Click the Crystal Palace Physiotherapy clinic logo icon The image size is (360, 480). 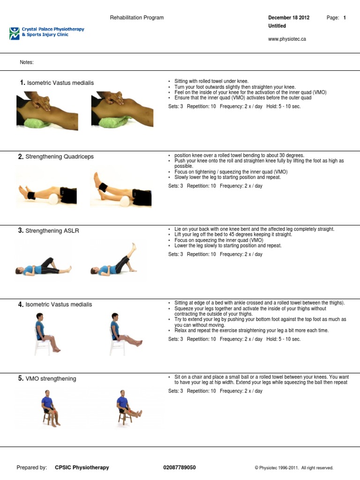pos(14,32)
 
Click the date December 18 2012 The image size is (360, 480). pos(288,18)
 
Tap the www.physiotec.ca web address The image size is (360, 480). pos(286,39)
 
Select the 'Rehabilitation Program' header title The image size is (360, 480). pos(137,18)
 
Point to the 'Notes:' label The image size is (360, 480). pos(27,62)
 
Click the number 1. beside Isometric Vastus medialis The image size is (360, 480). pos(22,82)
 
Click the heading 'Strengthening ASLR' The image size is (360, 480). pos(52,231)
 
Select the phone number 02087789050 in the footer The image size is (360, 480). pos(180,467)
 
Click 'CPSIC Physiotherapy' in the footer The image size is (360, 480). pos(82,467)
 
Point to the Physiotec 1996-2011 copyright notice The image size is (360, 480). pos(294,467)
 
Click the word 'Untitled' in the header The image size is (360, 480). pos(277,26)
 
